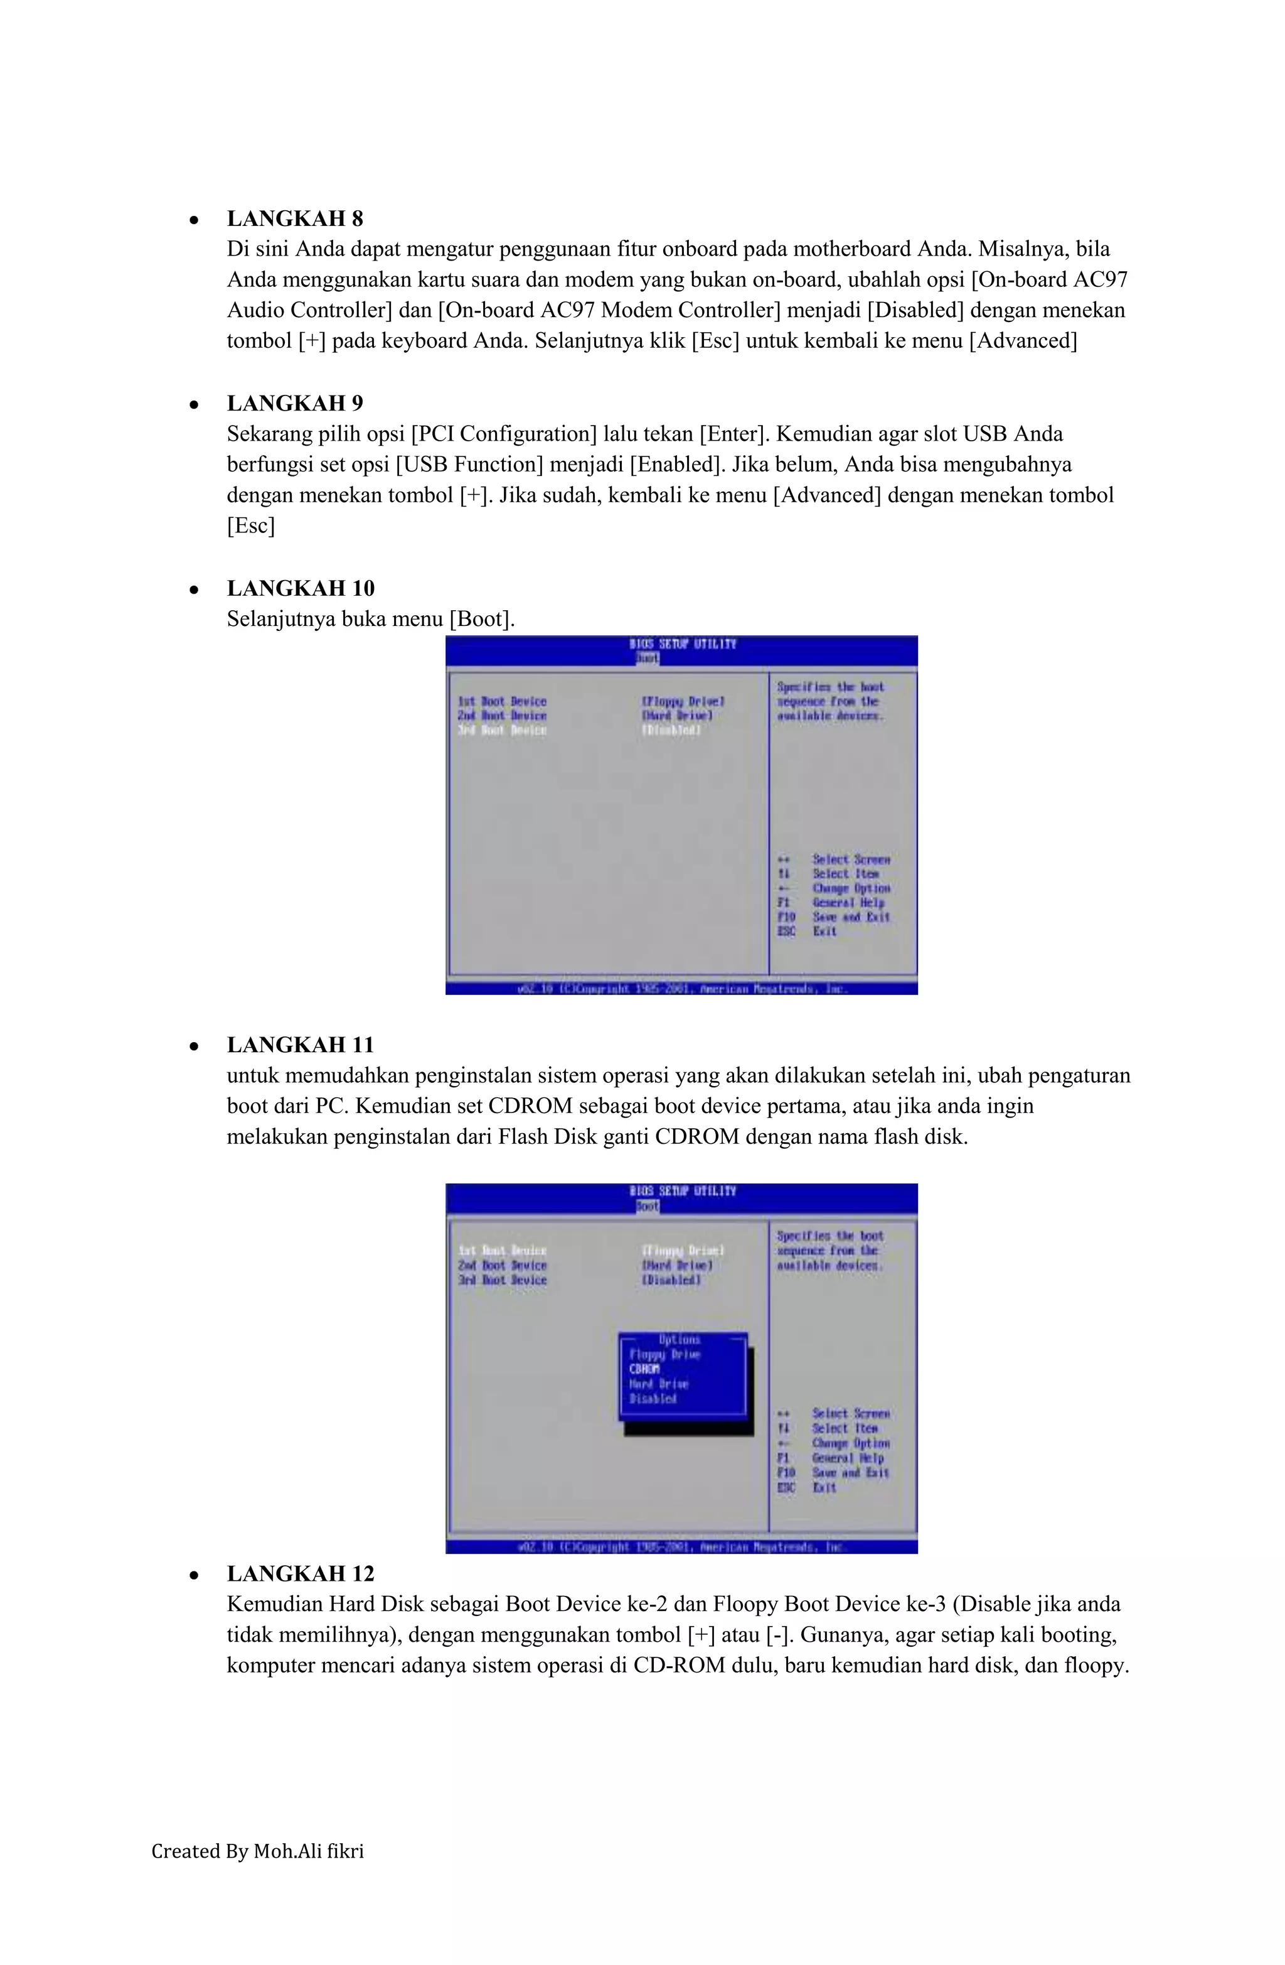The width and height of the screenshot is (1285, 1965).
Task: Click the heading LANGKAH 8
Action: coord(295,219)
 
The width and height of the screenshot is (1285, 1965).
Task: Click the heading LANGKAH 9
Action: coord(295,404)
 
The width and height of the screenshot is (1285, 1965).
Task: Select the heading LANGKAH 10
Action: coord(301,589)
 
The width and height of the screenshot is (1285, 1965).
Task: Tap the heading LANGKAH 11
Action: coord(301,1045)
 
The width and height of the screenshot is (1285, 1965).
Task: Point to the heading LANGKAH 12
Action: coord(301,1574)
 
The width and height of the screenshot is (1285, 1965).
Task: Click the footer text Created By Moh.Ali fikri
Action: coord(257,1851)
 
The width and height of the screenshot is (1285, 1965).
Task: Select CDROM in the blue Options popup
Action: coord(644,1369)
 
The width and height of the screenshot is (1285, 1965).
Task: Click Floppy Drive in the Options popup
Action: coord(664,1354)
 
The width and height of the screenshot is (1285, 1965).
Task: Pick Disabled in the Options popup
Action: coord(653,1399)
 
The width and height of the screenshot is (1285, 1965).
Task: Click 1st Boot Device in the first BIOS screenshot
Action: coord(502,701)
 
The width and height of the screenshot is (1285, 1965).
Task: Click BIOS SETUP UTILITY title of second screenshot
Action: coord(681,1190)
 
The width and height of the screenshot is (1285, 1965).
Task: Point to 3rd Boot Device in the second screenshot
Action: coord(502,1279)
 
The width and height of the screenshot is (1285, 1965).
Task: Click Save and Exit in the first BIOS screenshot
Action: coord(851,917)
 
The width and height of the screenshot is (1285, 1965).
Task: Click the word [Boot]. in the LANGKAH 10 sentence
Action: coord(481,619)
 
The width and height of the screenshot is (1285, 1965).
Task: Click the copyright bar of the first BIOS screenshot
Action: coord(681,988)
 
